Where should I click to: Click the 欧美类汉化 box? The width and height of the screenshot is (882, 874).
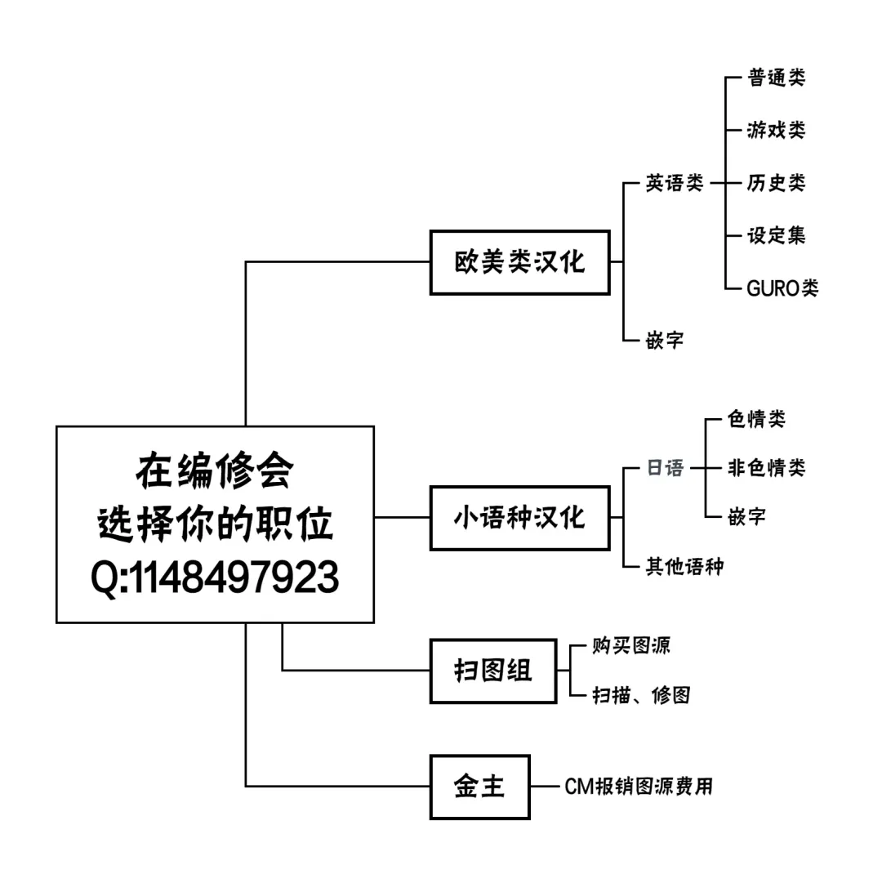pos(519,262)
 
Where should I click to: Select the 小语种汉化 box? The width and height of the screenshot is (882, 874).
pos(519,517)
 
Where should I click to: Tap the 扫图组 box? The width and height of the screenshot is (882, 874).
pos(492,671)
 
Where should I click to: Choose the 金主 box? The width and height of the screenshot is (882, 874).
pos(479,787)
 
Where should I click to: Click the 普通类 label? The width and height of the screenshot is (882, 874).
pos(776,78)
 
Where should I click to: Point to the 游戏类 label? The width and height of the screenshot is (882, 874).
pos(776,130)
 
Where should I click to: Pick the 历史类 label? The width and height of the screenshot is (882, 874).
pos(776,182)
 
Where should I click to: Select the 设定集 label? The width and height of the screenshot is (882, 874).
pos(776,235)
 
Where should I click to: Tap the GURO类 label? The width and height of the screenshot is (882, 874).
pos(782,288)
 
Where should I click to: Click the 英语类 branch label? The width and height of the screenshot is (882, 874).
pos(675,183)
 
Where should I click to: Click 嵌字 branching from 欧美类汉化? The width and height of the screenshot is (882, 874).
pos(665,340)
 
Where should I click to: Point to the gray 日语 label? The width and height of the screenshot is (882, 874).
pos(665,468)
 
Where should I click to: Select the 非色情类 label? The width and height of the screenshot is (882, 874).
pos(766,468)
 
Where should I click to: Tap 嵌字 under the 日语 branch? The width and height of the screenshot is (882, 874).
pos(746,516)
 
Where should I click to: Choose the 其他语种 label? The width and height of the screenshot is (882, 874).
pos(684,566)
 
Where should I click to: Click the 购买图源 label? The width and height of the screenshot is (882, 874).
pos(631,645)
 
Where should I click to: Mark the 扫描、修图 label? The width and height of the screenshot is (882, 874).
pos(641,695)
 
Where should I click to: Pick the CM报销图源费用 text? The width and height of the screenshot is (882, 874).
pos(639,787)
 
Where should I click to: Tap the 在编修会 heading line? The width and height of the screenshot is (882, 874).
pos(215,471)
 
